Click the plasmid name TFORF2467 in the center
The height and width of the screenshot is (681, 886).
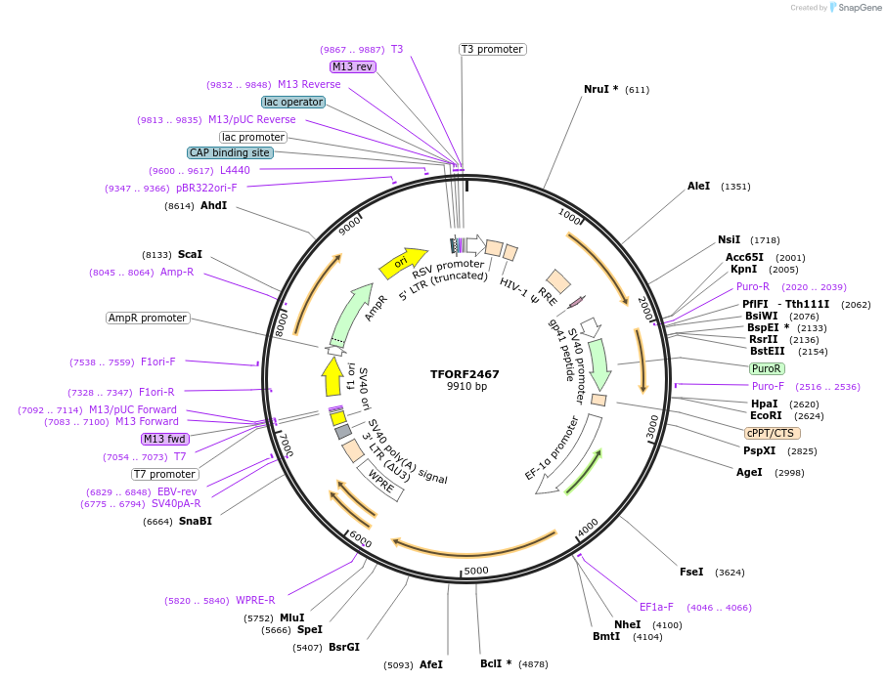(x=465, y=374)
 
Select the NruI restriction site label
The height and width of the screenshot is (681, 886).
(x=600, y=89)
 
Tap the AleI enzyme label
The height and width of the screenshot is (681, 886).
(x=698, y=186)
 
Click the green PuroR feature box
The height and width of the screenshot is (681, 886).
(x=766, y=368)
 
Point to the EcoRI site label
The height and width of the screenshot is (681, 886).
(x=764, y=415)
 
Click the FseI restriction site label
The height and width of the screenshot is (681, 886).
(x=691, y=572)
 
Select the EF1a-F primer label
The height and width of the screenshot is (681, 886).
(x=656, y=607)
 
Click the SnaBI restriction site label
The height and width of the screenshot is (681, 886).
(x=195, y=521)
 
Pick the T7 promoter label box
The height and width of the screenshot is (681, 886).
(x=165, y=474)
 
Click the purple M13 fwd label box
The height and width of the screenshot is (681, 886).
(x=164, y=439)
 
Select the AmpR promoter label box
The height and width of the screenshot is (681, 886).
(x=148, y=318)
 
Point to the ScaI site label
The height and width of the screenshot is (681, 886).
(x=190, y=254)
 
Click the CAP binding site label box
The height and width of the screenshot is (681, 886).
(x=230, y=152)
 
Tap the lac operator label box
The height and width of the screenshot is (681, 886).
(x=293, y=102)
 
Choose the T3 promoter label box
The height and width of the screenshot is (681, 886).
(x=492, y=49)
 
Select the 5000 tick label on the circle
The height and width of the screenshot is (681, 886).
(x=476, y=571)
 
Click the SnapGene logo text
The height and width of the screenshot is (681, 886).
(x=858, y=8)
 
